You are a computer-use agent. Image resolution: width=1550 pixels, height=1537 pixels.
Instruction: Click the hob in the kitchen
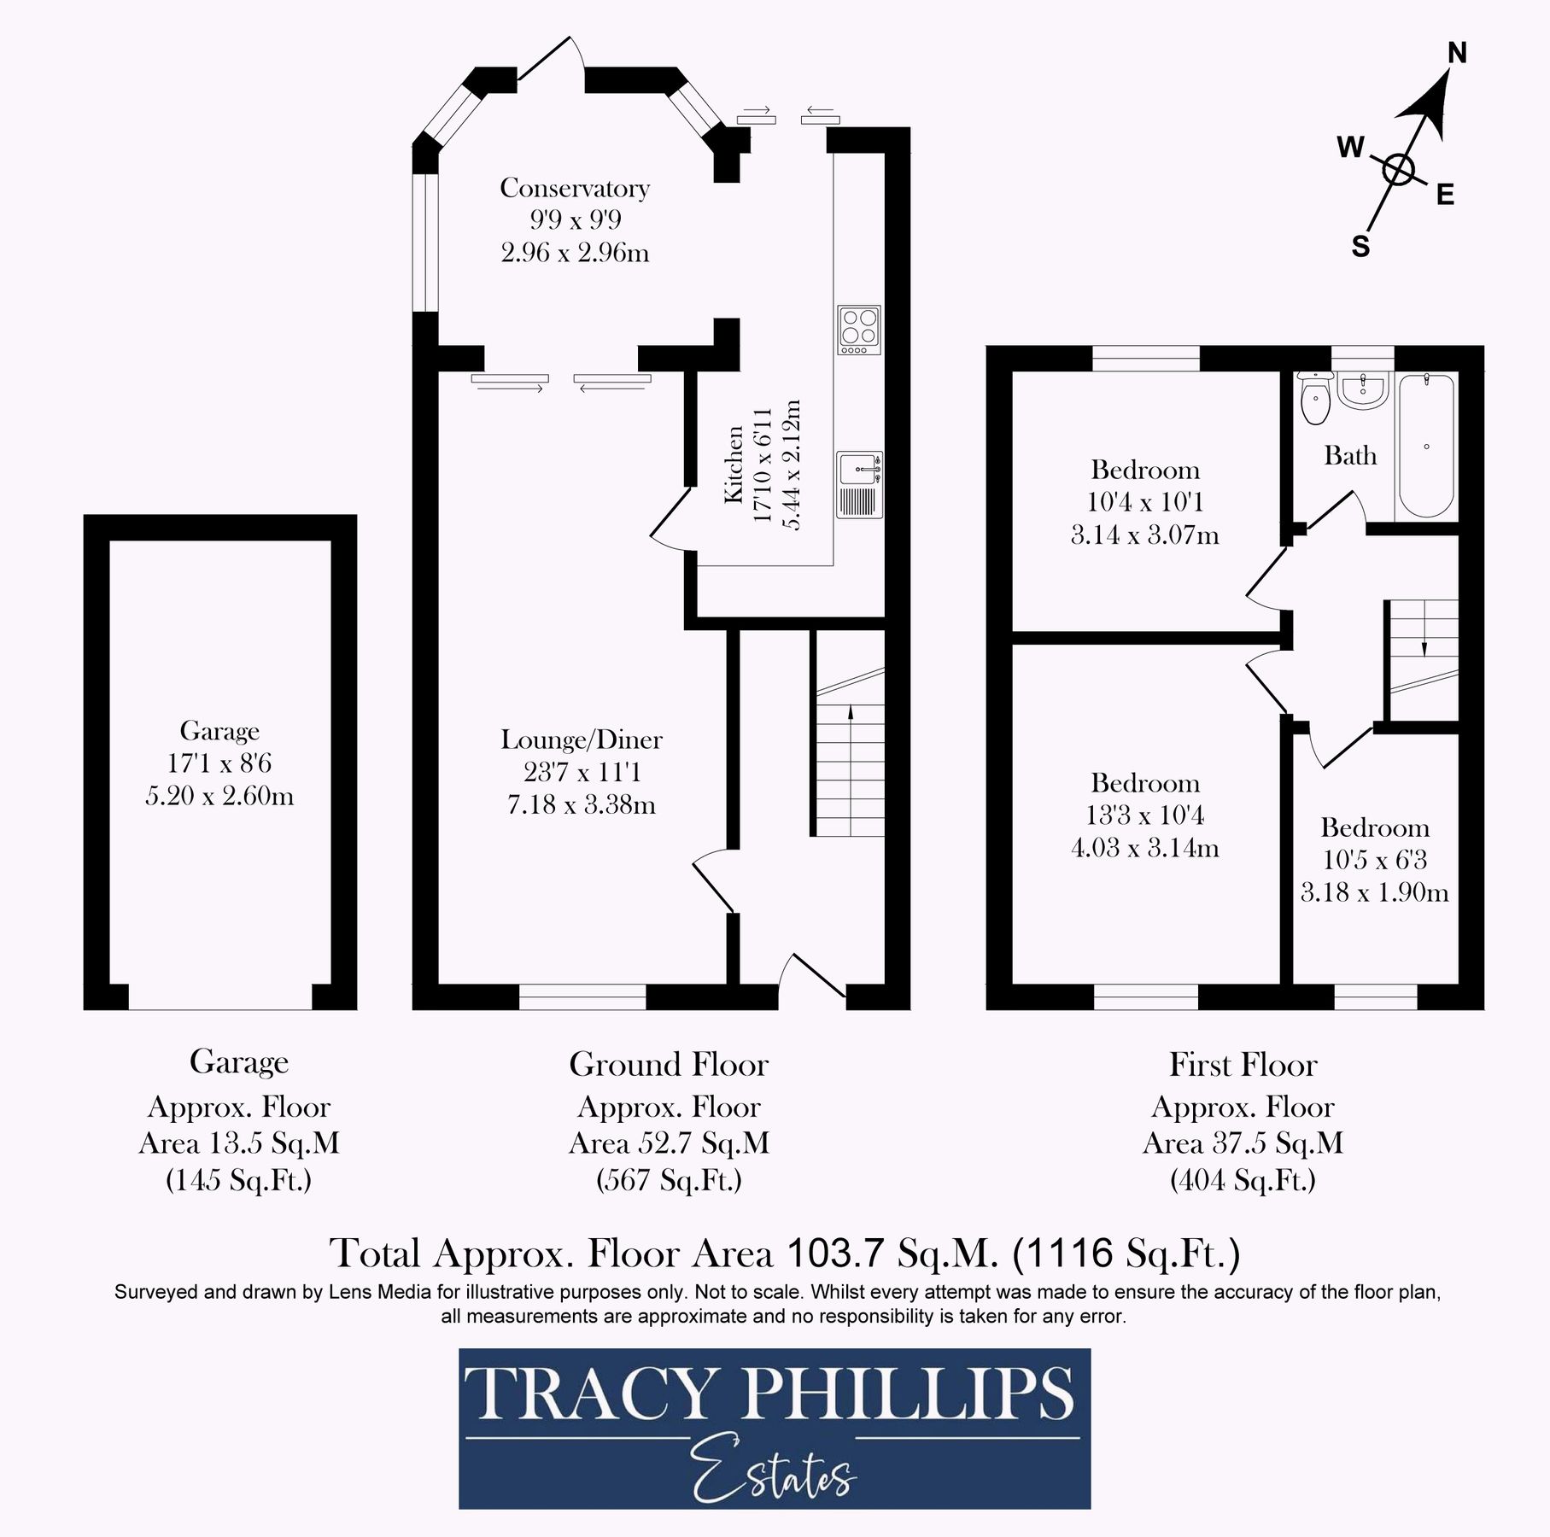click(x=859, y=330)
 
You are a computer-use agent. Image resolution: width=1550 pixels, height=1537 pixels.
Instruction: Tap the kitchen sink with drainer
click(x=859, y=484)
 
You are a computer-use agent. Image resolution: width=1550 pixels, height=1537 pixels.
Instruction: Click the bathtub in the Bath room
click(x=1426, y=446)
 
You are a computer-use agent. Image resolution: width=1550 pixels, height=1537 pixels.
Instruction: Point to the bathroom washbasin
click(x=1363, y=390)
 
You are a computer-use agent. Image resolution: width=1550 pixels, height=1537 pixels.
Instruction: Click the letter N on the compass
click(x=1457, y=54)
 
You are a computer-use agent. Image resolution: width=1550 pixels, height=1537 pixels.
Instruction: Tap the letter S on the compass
click(x=1360, y=247)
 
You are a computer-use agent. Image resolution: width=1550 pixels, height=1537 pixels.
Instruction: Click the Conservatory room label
click(x=575, y=188)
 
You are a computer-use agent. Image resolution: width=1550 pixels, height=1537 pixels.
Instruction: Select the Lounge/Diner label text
click(x=582, y=739)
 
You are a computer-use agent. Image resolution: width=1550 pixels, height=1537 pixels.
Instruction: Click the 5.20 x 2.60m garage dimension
click(x=219, y=796)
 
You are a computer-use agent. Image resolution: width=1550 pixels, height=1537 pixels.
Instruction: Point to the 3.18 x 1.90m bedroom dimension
click(x=1374, y=892)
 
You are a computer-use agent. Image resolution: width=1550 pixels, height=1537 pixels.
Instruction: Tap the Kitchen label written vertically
click(x=734, y=465)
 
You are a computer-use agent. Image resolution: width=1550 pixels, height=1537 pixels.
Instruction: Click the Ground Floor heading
click(x=669, y=1064)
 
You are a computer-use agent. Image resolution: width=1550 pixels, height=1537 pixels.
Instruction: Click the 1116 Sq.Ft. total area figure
click(x=1126, y=1254)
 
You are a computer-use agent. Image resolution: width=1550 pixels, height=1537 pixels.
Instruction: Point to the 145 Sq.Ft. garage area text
click(x=238, y=1180)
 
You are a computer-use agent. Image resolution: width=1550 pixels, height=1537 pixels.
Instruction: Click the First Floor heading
click(x=1243, y=1064)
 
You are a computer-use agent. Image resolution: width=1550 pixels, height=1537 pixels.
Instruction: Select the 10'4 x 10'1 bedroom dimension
click(x=1144, y=502)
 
